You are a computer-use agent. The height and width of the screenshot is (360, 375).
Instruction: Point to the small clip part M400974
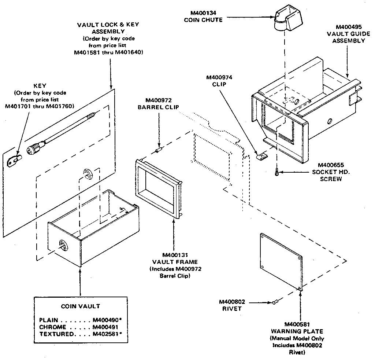[261, 156]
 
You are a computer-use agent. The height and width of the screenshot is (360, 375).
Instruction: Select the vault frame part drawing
[159, 187]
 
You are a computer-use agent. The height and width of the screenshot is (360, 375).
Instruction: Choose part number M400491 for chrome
[105, 327]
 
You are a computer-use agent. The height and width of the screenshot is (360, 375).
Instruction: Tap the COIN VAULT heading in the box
[80, 306]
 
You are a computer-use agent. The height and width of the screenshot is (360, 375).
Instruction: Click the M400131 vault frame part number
[175, 255]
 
